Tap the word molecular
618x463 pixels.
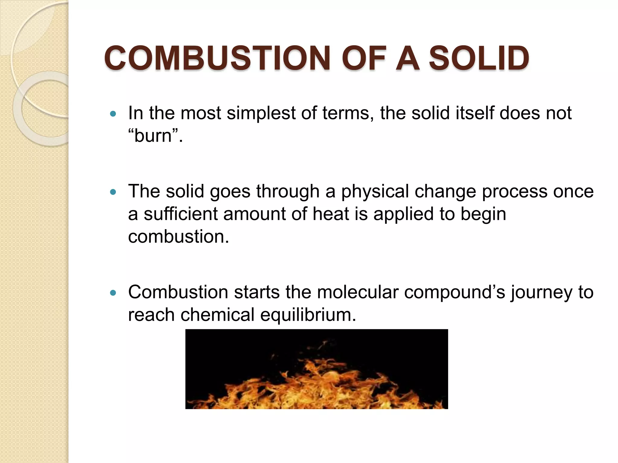pyautogui.click(x=358, y=292)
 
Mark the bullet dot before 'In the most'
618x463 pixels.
pyautogui.click(x=113, y=114)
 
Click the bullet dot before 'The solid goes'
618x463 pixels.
pyautogui.click(x=113, y=192)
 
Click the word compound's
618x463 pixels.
pyautogui.click(x=454, y=293)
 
